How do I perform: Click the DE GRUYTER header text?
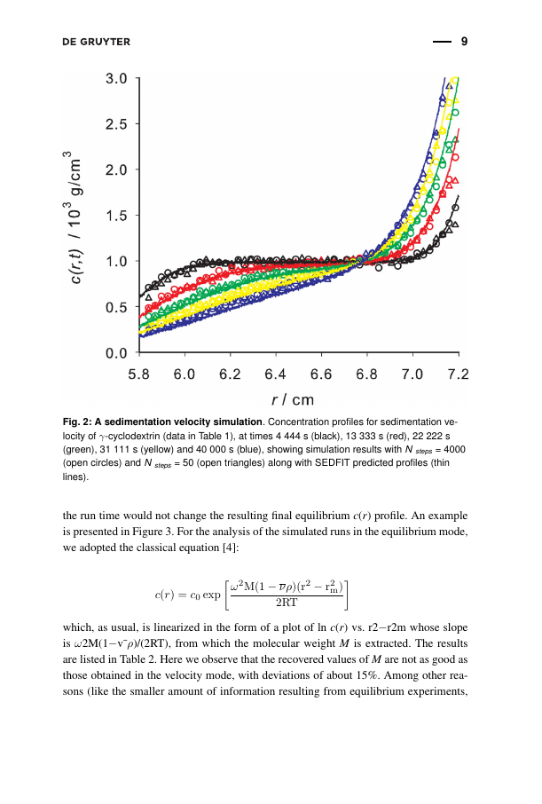tap(97, 42)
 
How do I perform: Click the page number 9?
tap(464, 42)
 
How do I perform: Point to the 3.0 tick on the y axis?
tap(116, 78)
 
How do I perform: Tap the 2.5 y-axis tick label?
tap(116, 124)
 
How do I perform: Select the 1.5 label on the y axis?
tap(116, 216)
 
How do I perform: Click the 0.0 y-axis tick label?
tap(116, 353)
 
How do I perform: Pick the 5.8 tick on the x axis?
tap(139, 374)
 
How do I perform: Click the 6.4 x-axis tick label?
tap(275, 374)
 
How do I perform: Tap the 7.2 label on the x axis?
tap(458, 374)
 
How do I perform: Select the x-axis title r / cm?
tap(292, 399)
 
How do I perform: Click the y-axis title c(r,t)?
tap(76, 269)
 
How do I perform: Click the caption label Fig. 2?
tap(77, 422)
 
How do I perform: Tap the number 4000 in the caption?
tap(454, 450)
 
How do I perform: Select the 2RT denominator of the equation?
tap(287, 603)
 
